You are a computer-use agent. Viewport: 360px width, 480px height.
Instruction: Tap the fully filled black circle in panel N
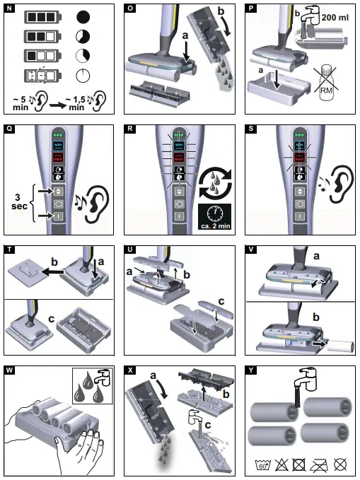(x=84, y=16)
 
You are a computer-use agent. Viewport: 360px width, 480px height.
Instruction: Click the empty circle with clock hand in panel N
(x=84, y=76)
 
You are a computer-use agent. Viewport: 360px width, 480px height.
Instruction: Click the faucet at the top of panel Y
(x=304, y=377)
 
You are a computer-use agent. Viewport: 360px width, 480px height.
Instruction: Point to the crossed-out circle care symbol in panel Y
(x=341, y=465)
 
